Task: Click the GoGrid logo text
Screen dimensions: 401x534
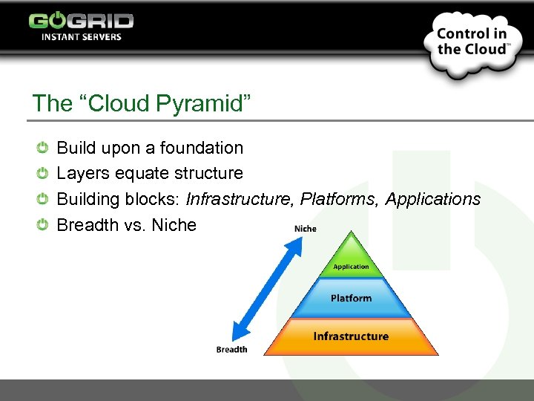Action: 81,21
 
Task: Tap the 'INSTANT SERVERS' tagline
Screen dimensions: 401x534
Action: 81,37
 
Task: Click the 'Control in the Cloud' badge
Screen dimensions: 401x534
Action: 471,42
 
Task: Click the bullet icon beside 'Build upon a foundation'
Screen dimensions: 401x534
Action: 44,148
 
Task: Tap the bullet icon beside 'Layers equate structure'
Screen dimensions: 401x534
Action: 44,173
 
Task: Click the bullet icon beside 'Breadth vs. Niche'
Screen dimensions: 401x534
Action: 44,224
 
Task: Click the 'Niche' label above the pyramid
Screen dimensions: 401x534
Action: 305,228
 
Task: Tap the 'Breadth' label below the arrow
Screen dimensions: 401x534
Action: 231,349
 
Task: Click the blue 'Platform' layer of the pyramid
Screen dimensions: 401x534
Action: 351,298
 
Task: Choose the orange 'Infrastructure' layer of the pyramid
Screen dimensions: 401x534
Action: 351,336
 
